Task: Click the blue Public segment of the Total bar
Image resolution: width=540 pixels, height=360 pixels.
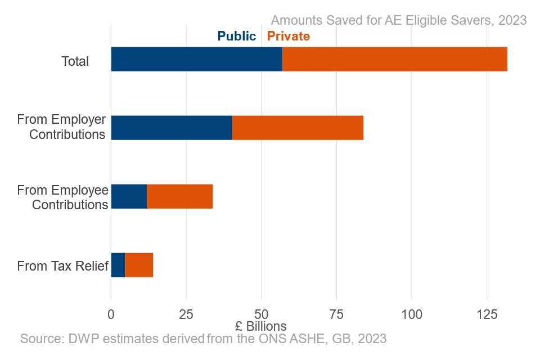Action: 197,59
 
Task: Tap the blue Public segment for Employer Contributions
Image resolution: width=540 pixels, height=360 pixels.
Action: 172,128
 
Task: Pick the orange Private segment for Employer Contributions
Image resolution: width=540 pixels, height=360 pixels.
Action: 298,128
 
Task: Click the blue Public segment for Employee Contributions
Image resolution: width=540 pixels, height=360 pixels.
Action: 129,196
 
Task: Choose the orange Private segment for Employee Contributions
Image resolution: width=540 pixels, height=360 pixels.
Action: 180,196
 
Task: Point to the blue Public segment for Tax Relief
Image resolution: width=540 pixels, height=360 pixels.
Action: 118,265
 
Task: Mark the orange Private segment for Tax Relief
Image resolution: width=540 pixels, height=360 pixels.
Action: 139,265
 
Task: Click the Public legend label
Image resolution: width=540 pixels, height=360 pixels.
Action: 237,37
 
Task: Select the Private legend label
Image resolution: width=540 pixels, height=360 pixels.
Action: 288,37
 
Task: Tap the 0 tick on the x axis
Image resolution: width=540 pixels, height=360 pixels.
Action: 111,313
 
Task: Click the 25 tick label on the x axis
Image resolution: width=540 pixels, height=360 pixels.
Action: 186,313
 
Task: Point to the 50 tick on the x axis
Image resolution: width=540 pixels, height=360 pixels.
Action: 261,313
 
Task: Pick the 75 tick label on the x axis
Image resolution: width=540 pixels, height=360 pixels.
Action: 336,313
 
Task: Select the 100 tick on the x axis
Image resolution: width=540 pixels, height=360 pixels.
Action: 412,313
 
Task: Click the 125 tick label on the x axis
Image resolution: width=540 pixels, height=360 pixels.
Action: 487,313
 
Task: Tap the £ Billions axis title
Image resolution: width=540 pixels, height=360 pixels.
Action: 261,326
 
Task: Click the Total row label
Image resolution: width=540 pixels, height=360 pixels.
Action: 75,61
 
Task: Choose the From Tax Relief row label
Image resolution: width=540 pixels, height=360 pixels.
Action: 62,266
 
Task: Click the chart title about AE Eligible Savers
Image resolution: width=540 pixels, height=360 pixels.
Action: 398,20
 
